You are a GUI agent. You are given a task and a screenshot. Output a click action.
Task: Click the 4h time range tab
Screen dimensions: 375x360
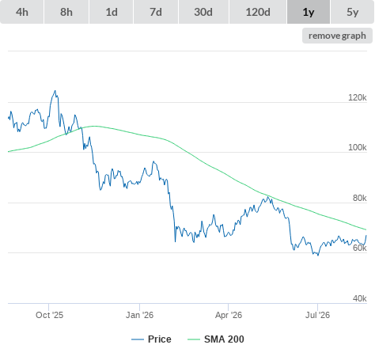22,12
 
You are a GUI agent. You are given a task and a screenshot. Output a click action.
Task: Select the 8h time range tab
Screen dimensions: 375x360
66,12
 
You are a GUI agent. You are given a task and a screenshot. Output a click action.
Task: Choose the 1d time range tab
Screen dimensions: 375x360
112,12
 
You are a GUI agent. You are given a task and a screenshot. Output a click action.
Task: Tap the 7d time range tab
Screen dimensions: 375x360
156,12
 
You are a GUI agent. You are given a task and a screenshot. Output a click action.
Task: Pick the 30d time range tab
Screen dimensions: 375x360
203,12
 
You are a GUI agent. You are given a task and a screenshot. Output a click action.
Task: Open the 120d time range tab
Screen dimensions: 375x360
258,12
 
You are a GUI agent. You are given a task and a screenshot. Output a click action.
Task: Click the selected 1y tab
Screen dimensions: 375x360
309,12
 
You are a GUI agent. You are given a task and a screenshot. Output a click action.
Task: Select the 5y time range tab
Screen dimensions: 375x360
353,12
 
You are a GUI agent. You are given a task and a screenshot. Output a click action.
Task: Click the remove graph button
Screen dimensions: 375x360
337,36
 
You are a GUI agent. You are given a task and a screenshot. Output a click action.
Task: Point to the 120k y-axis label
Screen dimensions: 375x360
358,97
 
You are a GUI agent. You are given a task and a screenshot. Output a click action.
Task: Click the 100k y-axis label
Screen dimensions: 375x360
358,147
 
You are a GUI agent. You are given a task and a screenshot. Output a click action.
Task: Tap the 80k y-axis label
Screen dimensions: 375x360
360,198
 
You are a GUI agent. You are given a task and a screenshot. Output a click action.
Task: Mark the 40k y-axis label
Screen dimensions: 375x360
360,298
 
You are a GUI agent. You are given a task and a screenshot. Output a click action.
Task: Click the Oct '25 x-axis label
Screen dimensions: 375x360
50,315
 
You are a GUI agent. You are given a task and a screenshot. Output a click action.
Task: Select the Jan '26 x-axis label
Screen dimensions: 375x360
139,315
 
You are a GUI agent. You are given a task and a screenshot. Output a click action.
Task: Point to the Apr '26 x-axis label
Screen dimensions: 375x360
229,315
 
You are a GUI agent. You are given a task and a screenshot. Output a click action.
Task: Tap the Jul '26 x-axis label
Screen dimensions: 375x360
317,315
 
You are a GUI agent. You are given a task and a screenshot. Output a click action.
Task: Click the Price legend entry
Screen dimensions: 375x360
151,339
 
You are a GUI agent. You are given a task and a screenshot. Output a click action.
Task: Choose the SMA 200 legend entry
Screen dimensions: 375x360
216,339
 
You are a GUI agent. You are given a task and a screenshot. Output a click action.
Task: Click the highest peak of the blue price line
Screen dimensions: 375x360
55,91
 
